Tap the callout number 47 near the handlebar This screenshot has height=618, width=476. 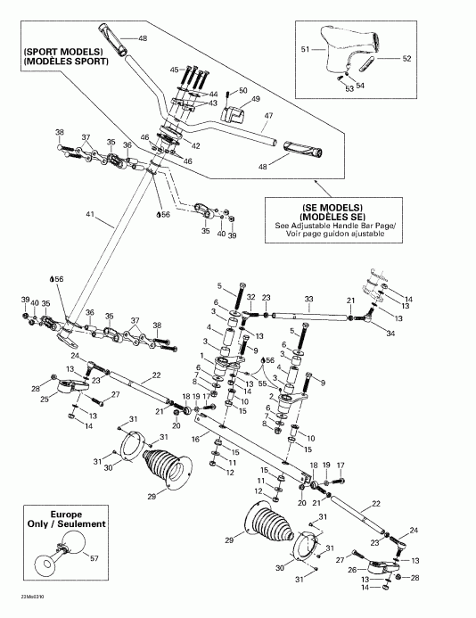coord(267,116)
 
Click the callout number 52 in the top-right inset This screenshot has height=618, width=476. coord(406,60)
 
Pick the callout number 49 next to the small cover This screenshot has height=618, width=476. coord(255,99)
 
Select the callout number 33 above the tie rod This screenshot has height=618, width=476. coord(308,299)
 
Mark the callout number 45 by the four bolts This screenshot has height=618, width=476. coord(175,68)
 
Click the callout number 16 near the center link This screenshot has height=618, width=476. coord(196,440)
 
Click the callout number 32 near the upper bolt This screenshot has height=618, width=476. coord(251,297)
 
